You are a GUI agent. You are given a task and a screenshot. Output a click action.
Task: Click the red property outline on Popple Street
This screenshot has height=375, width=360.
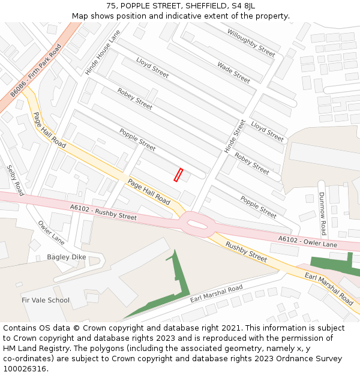point(178,175)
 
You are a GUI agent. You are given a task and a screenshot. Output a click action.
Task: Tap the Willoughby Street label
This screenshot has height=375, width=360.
point(251,43)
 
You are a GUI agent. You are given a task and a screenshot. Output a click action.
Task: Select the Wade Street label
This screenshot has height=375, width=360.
point(233,73)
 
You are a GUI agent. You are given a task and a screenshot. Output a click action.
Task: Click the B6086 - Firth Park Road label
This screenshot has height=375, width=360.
point(36,70)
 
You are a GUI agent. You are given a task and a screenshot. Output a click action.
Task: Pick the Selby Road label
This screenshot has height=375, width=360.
point(15,180)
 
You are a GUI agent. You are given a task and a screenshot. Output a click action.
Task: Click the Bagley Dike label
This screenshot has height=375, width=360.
point(67,257)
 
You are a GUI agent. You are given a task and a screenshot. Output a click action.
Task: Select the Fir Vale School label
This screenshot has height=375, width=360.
point(46,300)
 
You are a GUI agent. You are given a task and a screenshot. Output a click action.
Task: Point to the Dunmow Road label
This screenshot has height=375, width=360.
point(322,214)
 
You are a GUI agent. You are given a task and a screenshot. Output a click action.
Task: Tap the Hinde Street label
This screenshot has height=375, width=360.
point(235,136)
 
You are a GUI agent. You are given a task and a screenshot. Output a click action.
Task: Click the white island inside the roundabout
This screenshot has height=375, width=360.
point(197,224)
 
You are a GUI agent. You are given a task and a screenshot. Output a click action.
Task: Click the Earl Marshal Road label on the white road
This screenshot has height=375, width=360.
point(216,293)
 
